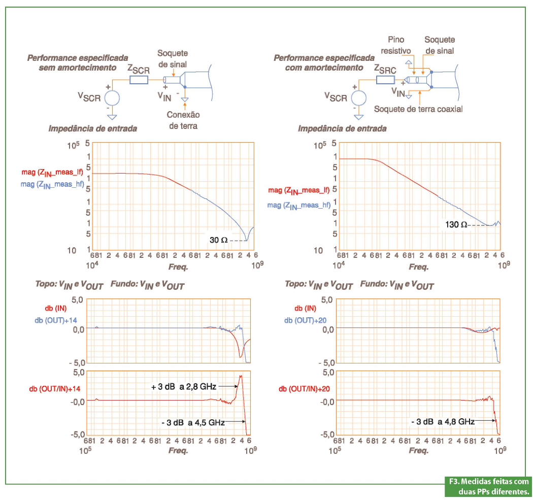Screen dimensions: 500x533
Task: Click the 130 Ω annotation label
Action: [456, 224]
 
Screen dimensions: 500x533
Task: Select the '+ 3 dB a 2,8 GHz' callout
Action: [183, 387]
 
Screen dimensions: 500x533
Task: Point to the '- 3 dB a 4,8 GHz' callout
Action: [443, 421]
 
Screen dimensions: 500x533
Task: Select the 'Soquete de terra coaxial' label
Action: [418, 109]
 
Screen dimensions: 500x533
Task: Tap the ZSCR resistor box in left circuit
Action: [139, 80]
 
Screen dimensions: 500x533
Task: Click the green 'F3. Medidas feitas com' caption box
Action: [488, 486]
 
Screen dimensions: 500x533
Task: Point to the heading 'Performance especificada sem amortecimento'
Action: [78, 62]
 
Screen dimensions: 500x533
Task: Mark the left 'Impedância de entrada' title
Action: [92, 128]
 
